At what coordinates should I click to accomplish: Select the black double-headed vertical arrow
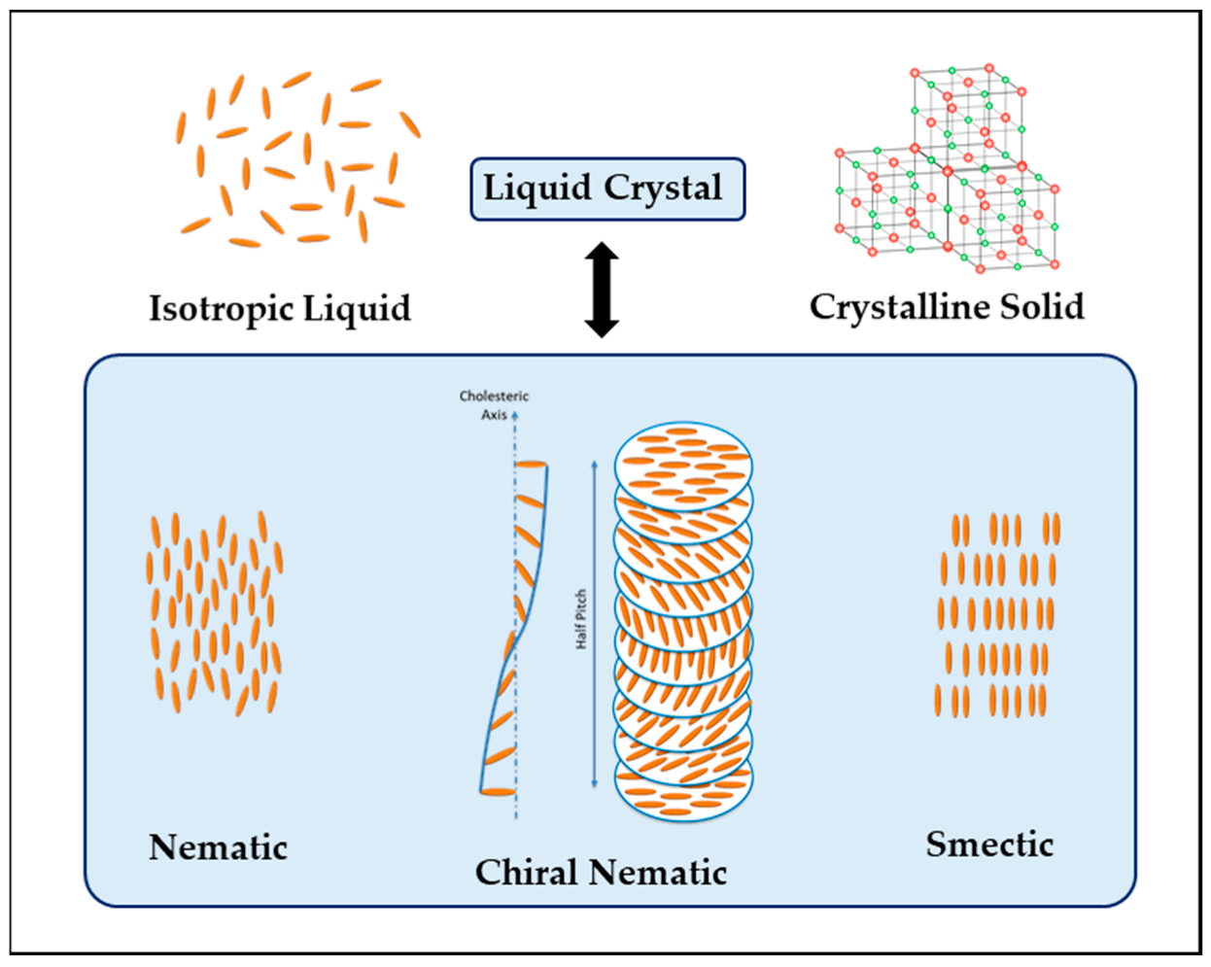coord(602,290)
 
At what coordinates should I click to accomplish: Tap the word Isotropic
coord(221,308)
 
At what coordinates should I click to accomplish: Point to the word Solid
coord(1043,306)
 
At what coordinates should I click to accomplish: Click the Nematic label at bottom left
coord(218,847)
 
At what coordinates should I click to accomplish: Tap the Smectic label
coord(988,844)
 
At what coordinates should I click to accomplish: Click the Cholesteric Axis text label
coord(494,405)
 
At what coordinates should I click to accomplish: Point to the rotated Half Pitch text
coord(581,620)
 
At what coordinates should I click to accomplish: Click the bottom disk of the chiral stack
coord(683,792)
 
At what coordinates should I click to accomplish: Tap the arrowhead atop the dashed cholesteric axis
coord(515,415)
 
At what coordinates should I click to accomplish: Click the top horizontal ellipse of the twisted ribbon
coord(531,465)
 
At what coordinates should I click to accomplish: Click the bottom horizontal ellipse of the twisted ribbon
coord(498,792)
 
